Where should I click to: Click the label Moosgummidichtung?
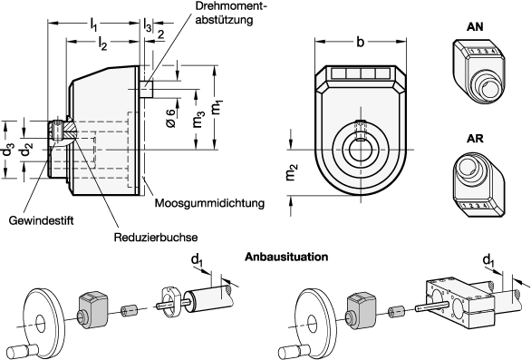[x=209, y=203]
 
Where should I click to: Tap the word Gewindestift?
[x=41, y=220]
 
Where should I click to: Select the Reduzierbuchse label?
[x=156, y=238]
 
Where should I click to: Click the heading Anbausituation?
[x=286, y=257]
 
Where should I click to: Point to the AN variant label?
[x=475, y=27]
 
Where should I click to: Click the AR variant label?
[x=475, y=139]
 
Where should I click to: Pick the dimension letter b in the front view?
[x=361, y=42]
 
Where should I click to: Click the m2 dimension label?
[x=293, y=172]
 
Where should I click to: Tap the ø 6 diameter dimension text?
[x=171, y=118]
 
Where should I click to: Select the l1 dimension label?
[x=93, y=25]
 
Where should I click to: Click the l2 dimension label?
[x=102, y=44]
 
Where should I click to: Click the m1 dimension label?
[x=216, y=107]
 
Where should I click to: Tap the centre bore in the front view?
[x=361, y=149]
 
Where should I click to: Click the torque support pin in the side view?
[x=146, y=89]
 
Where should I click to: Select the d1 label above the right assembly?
[x=488, y=261]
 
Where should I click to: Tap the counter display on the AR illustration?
[x=476, y=206]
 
